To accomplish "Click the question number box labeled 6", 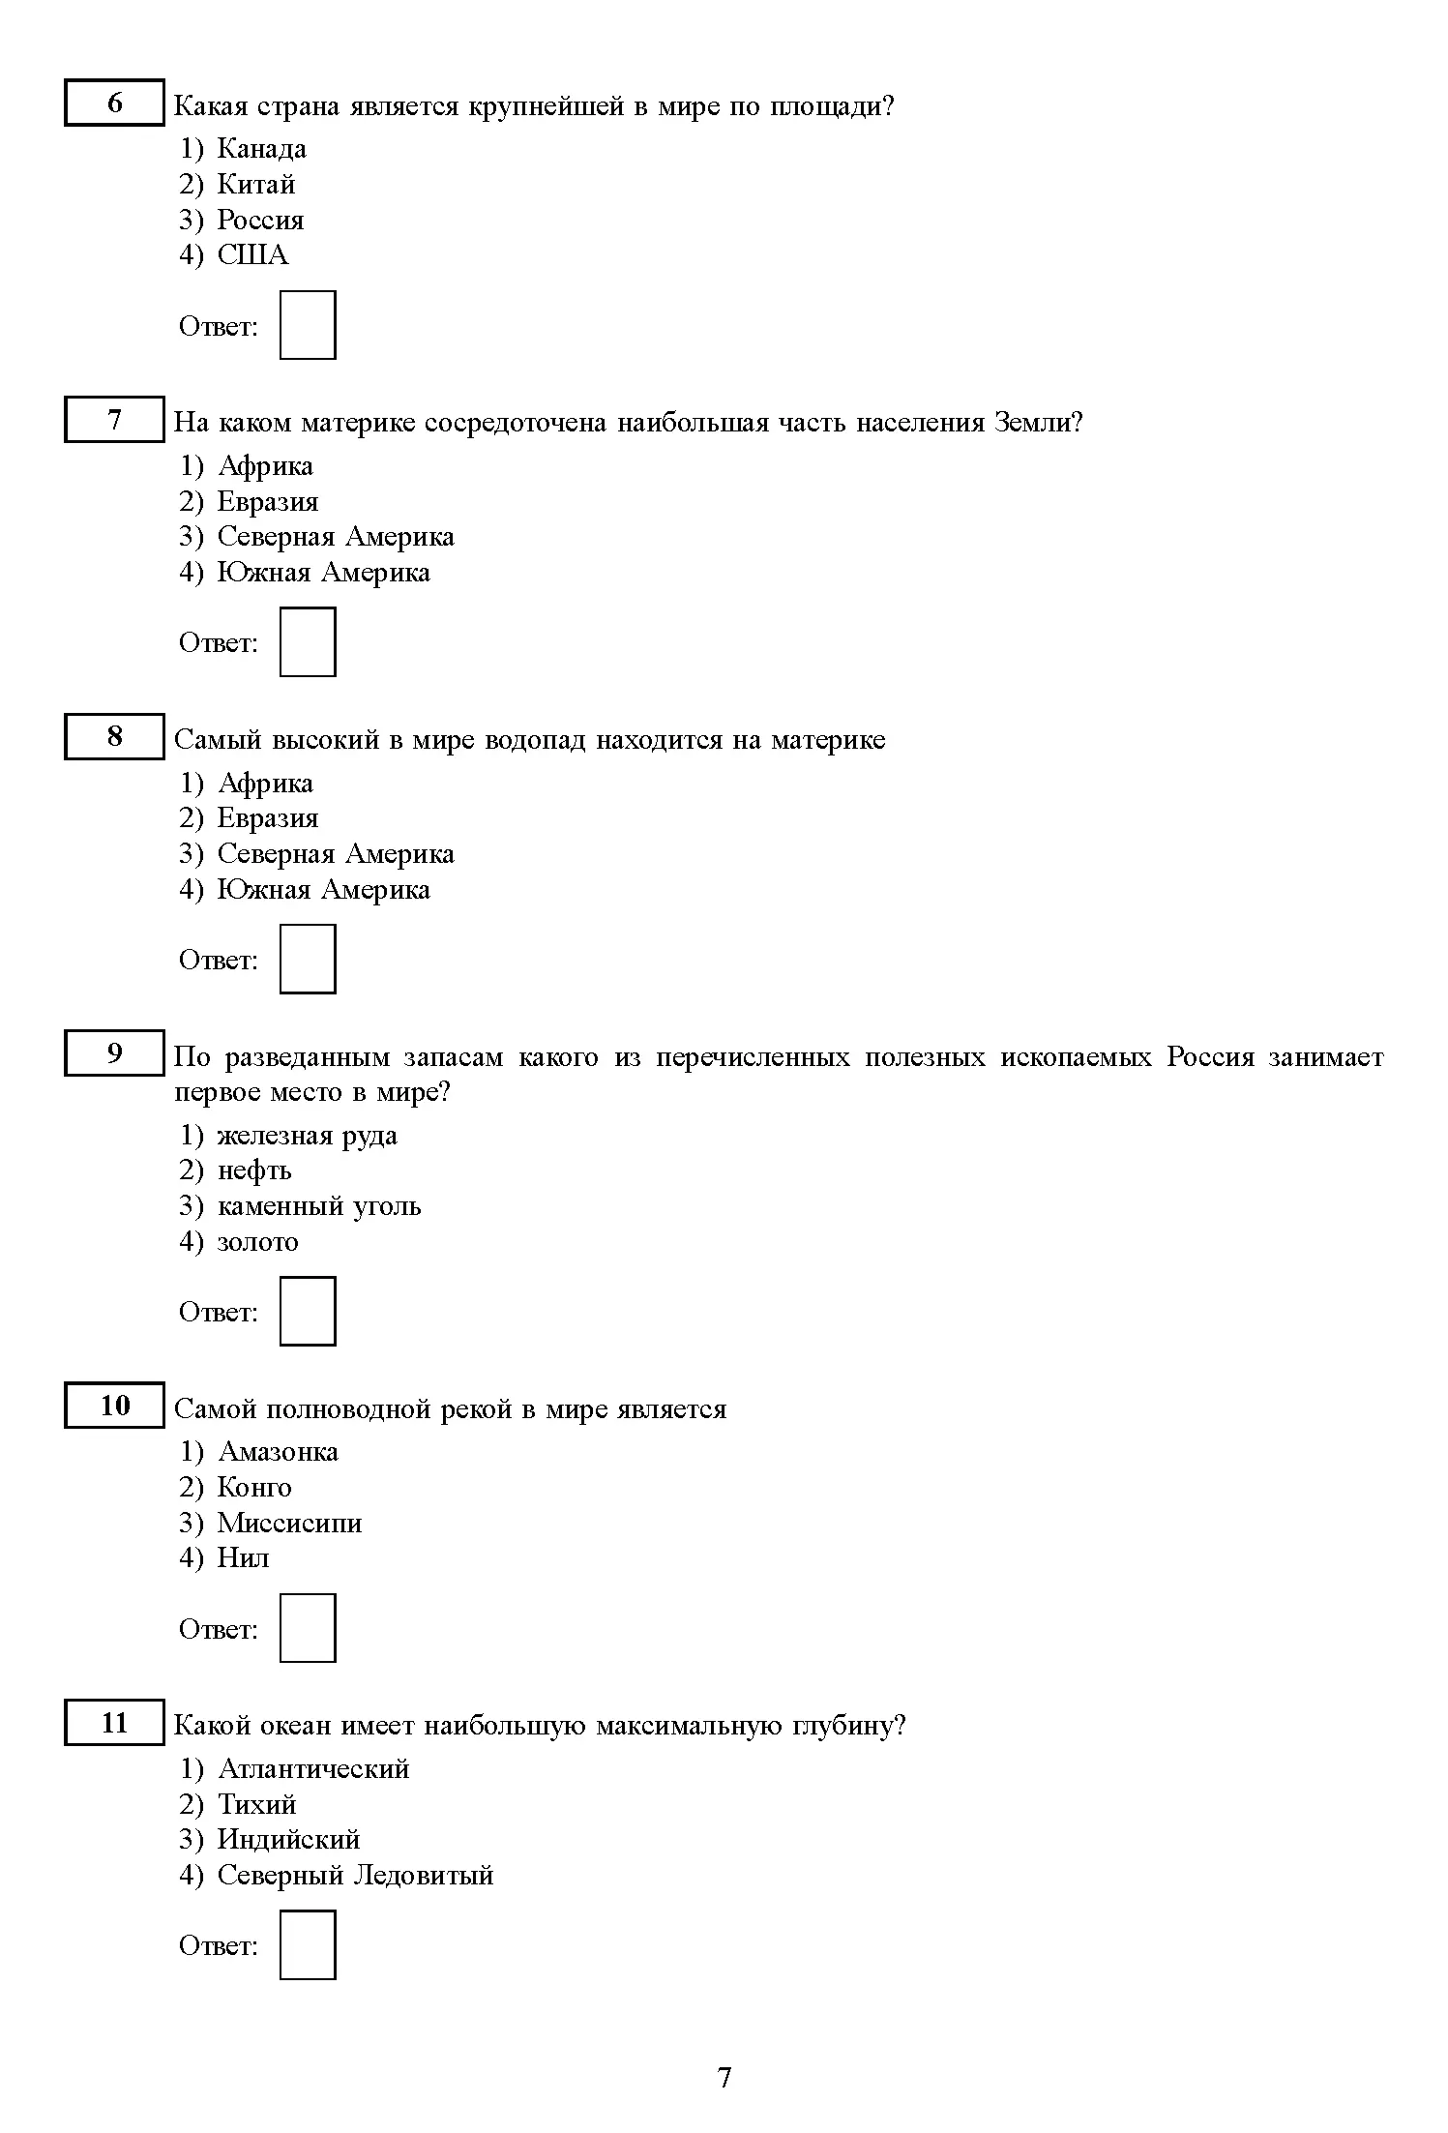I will click(x=114, y=103).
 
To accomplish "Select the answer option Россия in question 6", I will click(x=260, y=221).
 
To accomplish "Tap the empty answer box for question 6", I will click(x=308, y=325).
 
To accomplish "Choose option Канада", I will click(x=261, y=149).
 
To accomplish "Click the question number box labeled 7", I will click(x=114, y=420).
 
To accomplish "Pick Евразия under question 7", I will click(x=267, y=502).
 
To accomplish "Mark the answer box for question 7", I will click(x=308, y=642).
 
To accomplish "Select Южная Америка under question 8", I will click(x=323, y=890).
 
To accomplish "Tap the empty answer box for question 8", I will click(x=308, y=959).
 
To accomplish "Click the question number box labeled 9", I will click(x=114, y=1053).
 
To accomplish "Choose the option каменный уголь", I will click(x=319, y=1207).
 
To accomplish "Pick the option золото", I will click(x=257, y=1242).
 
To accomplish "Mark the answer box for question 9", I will click(x=308, y=1311).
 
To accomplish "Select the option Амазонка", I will click(x=279, y=1452).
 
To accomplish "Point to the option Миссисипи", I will click(x=289, y=1524).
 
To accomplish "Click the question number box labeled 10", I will click(x=114, y=1406).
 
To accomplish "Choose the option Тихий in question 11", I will click(x=256, y=1805).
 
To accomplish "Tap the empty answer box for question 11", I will click(x=308, y=1944).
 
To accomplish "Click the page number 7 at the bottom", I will click(x=724, y=2078).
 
